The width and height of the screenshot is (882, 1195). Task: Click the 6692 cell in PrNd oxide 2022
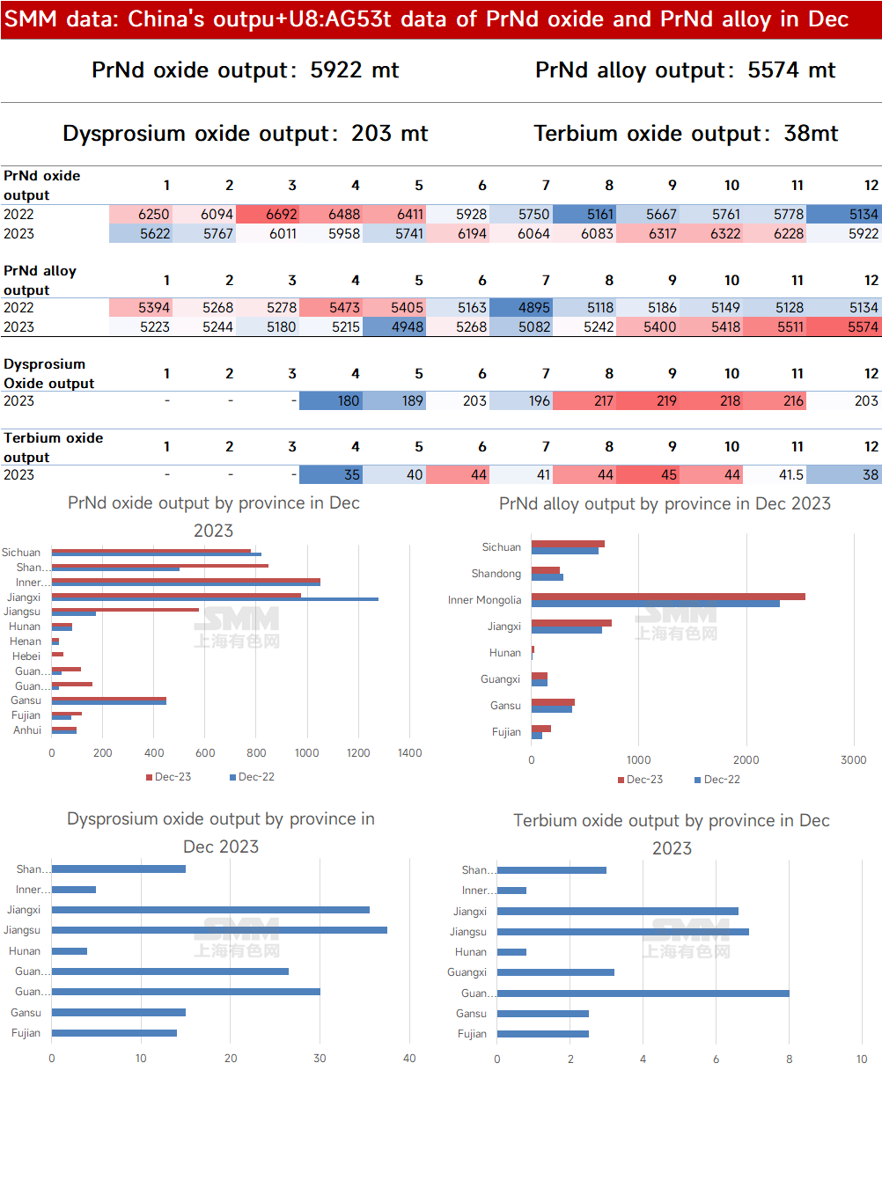coord(268,215)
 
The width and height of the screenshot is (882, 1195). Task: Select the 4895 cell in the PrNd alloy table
coord(521,308)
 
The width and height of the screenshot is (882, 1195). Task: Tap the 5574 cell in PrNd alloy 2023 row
coord(844,327)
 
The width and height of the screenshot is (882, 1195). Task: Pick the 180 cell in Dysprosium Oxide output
coord(331,401)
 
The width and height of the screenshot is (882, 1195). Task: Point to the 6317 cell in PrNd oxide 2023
coord(648,234)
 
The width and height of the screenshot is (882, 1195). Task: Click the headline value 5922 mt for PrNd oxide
coord(354,70)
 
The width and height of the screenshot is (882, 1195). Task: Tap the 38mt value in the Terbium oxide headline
coord(811,133)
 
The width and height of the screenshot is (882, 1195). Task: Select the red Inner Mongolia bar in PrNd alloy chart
coord(668,597)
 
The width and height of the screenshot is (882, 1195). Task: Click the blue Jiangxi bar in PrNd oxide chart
coord(215,599)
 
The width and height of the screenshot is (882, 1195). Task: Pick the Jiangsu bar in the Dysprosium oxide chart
coord(219,930)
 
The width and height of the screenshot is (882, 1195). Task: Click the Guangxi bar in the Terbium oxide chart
coord(555,972)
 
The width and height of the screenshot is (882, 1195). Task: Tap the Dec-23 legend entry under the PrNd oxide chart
coord(169,777)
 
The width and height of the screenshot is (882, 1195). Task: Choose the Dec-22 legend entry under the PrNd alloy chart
coord(717,780)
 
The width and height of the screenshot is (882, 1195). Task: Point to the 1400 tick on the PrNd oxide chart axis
coord(409,753)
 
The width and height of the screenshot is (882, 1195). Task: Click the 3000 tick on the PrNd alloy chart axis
coord(854,760)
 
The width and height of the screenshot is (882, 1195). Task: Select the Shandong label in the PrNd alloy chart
coord(496,573)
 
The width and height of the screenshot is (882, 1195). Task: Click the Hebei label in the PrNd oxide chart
coord(26,656)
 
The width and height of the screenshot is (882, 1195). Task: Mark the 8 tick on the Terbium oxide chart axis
coord(789,1059)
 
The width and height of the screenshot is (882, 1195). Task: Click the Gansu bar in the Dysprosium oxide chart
coord(119,1012)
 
